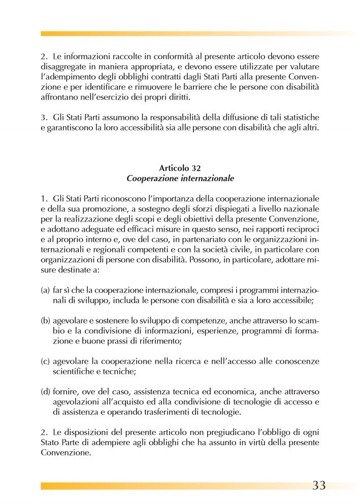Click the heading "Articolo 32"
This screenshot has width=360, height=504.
point(180,168)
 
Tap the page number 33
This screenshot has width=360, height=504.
point(318,485)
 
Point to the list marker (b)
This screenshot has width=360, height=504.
point(45,321)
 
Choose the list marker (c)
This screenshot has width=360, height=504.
point(45,362)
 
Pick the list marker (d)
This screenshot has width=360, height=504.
point(45,392)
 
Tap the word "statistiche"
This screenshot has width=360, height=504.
point(300,118)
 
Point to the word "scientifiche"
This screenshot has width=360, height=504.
point(74,372)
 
